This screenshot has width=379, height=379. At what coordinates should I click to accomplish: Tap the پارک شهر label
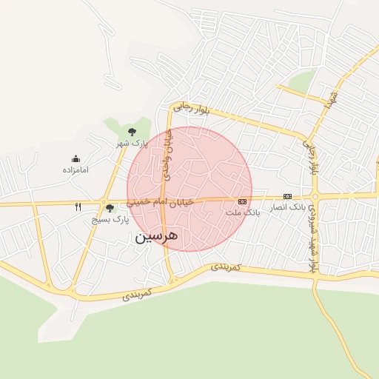pos(135,142)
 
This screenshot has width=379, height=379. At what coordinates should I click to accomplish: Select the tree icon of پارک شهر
pos(132,131)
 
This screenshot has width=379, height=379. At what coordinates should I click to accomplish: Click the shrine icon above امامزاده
pos(76,158)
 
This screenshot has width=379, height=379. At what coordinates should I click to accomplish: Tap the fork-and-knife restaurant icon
pos(78,207)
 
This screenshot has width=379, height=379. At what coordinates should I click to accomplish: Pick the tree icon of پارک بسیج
pos(110,208)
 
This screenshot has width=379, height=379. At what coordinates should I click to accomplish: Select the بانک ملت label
pos(244,212)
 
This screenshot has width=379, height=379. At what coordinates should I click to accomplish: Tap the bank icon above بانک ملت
pos(242,201)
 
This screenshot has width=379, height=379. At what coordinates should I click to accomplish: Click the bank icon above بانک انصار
pos(287,196)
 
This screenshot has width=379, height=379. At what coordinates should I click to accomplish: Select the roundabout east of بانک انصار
pos(315,196)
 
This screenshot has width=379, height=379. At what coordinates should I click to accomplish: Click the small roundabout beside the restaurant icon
pos(102,201)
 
